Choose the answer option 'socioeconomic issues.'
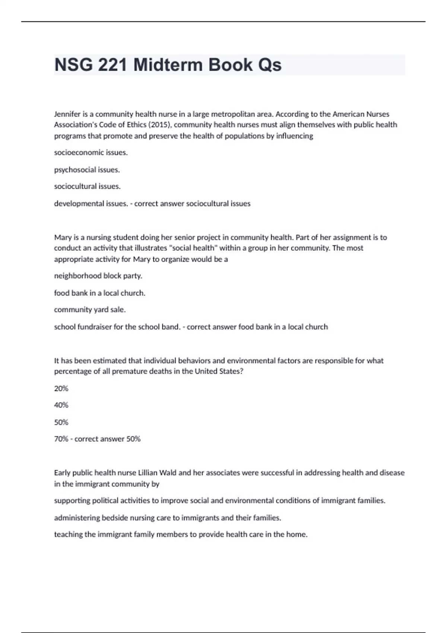pos(91,153)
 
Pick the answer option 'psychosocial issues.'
pos(87,170)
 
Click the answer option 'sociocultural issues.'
pos(87,186)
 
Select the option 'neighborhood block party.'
pos(98,276)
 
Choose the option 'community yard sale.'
pos(90,310)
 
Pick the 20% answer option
pos(61,389)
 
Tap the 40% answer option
pos(61,405)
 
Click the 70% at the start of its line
pos(61,439)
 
